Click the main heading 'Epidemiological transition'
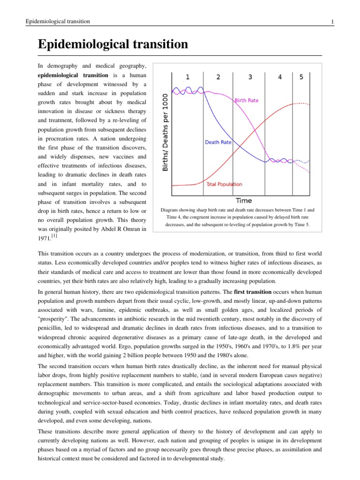point(112,45)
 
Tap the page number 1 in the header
point(332,22)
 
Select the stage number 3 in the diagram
point(250,77)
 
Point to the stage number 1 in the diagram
point(187,77)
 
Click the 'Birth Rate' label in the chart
point(246,100)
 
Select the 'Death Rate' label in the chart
point(218,142)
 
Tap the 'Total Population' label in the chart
point(225,185)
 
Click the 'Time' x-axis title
point(243,201)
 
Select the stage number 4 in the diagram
point(280,77)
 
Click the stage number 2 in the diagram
point(218,77)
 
